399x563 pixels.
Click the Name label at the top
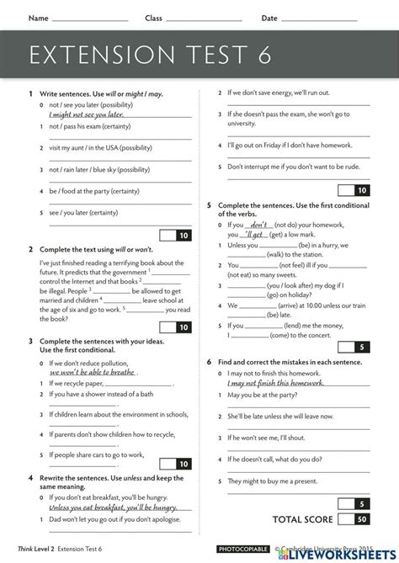(38, 18)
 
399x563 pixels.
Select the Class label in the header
(153, 18)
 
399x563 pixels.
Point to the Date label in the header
(269, 18)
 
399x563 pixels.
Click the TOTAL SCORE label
(302, 519)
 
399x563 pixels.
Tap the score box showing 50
(360, 519)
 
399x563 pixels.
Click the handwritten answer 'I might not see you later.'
(86, 114)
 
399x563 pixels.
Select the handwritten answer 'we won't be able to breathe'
(93, 371)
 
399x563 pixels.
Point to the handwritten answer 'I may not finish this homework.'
(275, 383)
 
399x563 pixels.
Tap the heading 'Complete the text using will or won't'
(93, 249)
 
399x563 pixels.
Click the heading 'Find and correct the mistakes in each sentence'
(290, 362)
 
